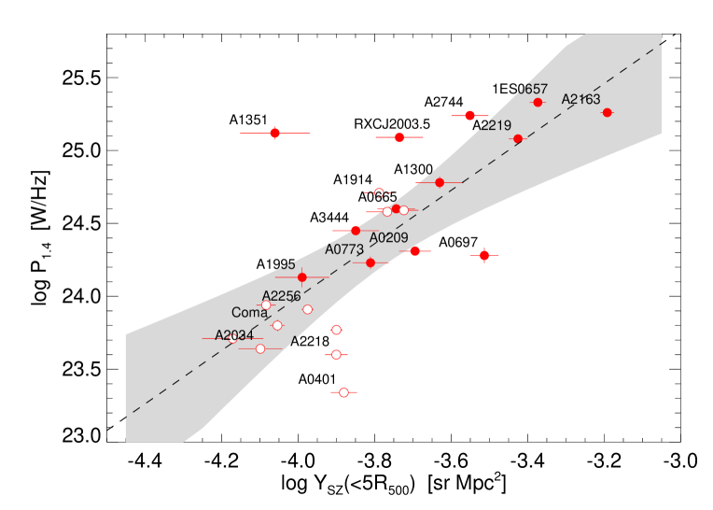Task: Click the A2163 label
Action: click(x=580, y=100)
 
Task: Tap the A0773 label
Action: click(x=344, y=249)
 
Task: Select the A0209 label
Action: click(x=389, y=238)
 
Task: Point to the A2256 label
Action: click(x=281, y=296)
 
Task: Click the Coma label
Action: click(x=249, y=313)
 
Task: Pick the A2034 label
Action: click(x=234, y=335)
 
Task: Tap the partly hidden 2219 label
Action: click(x=494, y=126)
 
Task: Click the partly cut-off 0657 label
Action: click(x=533, y=90)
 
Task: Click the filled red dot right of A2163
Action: click(x=607, y=113)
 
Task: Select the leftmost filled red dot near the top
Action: click(x=274, y=134)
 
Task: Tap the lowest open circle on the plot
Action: click(x=343, y=392)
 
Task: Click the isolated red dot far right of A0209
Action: click(x=483, y=255)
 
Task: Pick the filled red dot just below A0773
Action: click(x=370, y=262)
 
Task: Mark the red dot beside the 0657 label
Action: click(x=538, y=103)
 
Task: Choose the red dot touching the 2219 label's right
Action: click(x=518, y=139)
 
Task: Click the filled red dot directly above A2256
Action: click(x=301, y=277)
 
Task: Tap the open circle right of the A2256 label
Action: click(x=307, y=309)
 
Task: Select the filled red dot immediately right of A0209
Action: click(x=414, y=251)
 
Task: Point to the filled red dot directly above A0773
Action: click(x=355, y=230)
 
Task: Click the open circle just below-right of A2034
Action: click(x=259, y=348)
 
